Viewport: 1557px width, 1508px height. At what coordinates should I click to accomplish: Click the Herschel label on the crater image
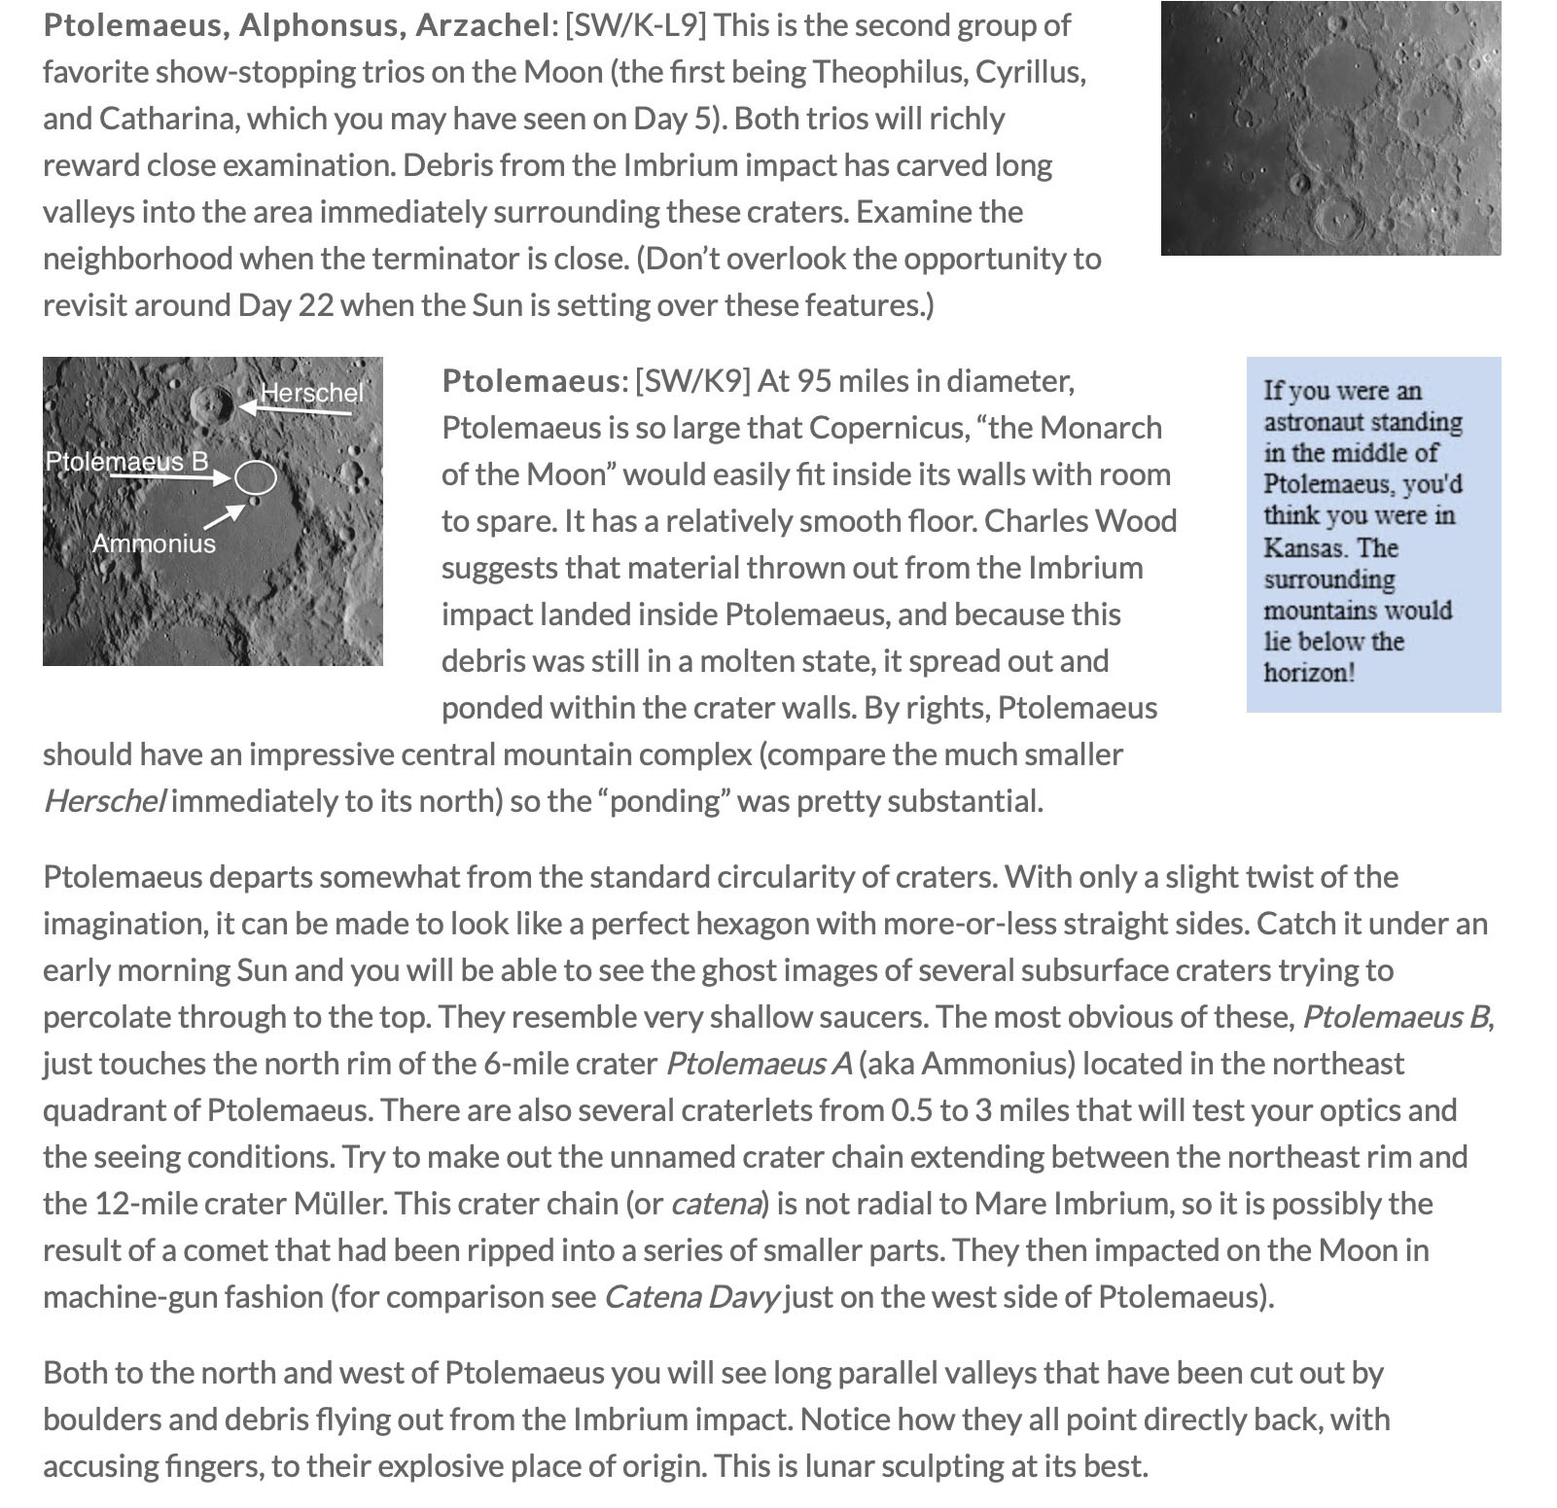311,393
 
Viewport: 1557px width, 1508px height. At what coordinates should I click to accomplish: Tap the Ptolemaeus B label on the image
126,461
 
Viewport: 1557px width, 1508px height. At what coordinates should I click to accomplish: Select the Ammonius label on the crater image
154,543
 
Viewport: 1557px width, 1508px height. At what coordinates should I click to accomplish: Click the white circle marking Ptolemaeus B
256,477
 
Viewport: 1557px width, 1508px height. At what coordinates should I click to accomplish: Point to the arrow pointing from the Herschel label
296,409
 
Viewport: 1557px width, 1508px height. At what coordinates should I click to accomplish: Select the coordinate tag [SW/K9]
692,381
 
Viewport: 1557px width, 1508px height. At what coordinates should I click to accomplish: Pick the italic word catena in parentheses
715,1204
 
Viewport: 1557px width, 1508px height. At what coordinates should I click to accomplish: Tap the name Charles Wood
1079,521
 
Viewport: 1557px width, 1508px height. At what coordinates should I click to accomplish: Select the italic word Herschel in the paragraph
104,801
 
